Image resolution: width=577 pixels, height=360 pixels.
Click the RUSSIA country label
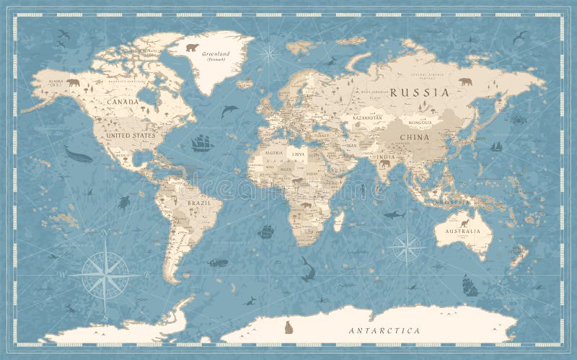click(420, 92)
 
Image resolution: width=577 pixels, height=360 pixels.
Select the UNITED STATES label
click(130, 135)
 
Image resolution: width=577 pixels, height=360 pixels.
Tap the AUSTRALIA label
click(462, 232)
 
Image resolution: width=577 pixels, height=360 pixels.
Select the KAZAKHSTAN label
click(367, 117)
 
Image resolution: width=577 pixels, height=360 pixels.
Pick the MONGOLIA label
click(415, 123)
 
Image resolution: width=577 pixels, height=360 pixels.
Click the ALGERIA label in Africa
click(273, 153)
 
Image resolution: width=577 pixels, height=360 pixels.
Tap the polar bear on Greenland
click(192, 48)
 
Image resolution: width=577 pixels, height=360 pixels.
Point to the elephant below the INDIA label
click(384, 164)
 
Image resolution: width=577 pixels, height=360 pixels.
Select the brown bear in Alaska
click(73, 82)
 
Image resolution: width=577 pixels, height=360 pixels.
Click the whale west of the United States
click(78, 154)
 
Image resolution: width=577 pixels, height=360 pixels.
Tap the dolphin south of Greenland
click(229, 110)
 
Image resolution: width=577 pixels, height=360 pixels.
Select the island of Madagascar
click(338, 221)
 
